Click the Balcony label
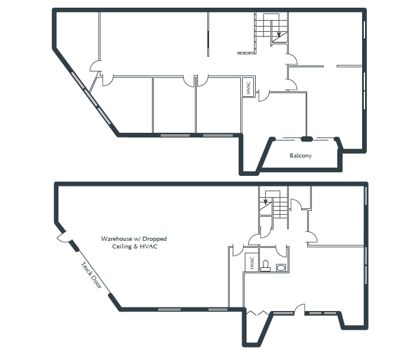pyautogui.click(x=300, y=156)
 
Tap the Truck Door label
pyautogui.click(x=92, y=275)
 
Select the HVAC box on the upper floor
pyautogui.click(x=249, y=87)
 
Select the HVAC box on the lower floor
pyautogui.click(x=252, y=263)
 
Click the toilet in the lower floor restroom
pyautogui.click(x=266, y=266)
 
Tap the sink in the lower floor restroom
pyautogui.click(x=280, y=268)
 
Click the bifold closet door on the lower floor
pyautogui.click(x=258, y=313)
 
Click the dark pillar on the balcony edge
pyautogui.click(x=306, y=139)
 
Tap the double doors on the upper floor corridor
pyautogui.click(x=196, y=78)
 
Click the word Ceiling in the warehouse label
pyautogui.click(x=124, y=247)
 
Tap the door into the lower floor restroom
pyautogui.click(x=278, y=239)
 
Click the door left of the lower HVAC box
pyautogui.click(x=237, y=250)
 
